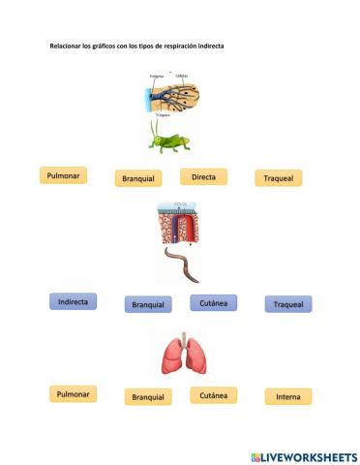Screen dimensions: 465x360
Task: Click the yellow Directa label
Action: [x=203, y=176]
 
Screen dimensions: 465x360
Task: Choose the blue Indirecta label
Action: [x=74, y=302]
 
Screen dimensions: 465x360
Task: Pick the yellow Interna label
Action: [x=288, y=396]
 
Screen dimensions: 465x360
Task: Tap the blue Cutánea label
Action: [x=213, y=302]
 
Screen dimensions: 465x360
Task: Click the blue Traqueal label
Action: [x=288, y=304]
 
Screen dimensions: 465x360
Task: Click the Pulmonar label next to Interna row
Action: [x=75, y=394]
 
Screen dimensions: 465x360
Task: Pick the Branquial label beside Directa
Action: [x=141, y=178]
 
